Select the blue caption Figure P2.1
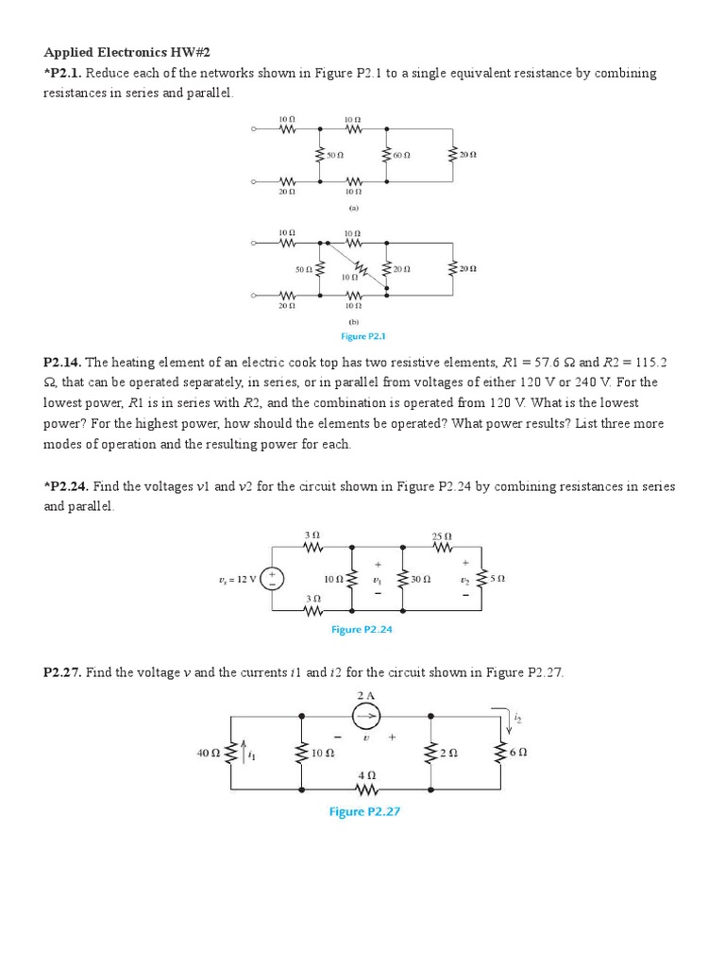click(x=363, y=335)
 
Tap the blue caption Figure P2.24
click(x=362, y=629)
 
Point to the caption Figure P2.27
click(x=364, y=811)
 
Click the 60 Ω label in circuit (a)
click(x=401, y=154)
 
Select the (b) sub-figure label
click(x=353, y=321)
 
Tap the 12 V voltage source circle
click(x=272, y=578)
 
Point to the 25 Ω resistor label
click(x=442, y=536)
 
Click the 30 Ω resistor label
click(x=421, y=578)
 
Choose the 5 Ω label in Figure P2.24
click(x=498, y=578)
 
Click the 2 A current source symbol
click(x=365, y=717)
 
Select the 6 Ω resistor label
click(x=518, y=753)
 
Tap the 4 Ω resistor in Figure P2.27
click(x=365, y=788)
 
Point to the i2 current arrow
click(x=511, y=721)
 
